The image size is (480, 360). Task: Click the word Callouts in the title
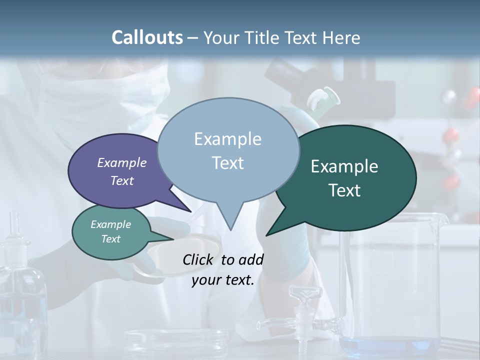pos(147,37)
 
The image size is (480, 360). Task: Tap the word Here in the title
pos(341,37)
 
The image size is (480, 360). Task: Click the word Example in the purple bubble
pos(121,162)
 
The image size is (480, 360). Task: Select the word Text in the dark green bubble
pos(344,190)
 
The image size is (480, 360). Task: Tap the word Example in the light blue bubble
pos(227,138)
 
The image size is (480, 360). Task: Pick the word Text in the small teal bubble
pos(111,239)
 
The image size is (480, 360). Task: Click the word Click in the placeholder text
pos(198,259)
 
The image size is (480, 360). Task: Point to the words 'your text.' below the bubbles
pos(223,280)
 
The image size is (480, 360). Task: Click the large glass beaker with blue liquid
pos(390,280)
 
